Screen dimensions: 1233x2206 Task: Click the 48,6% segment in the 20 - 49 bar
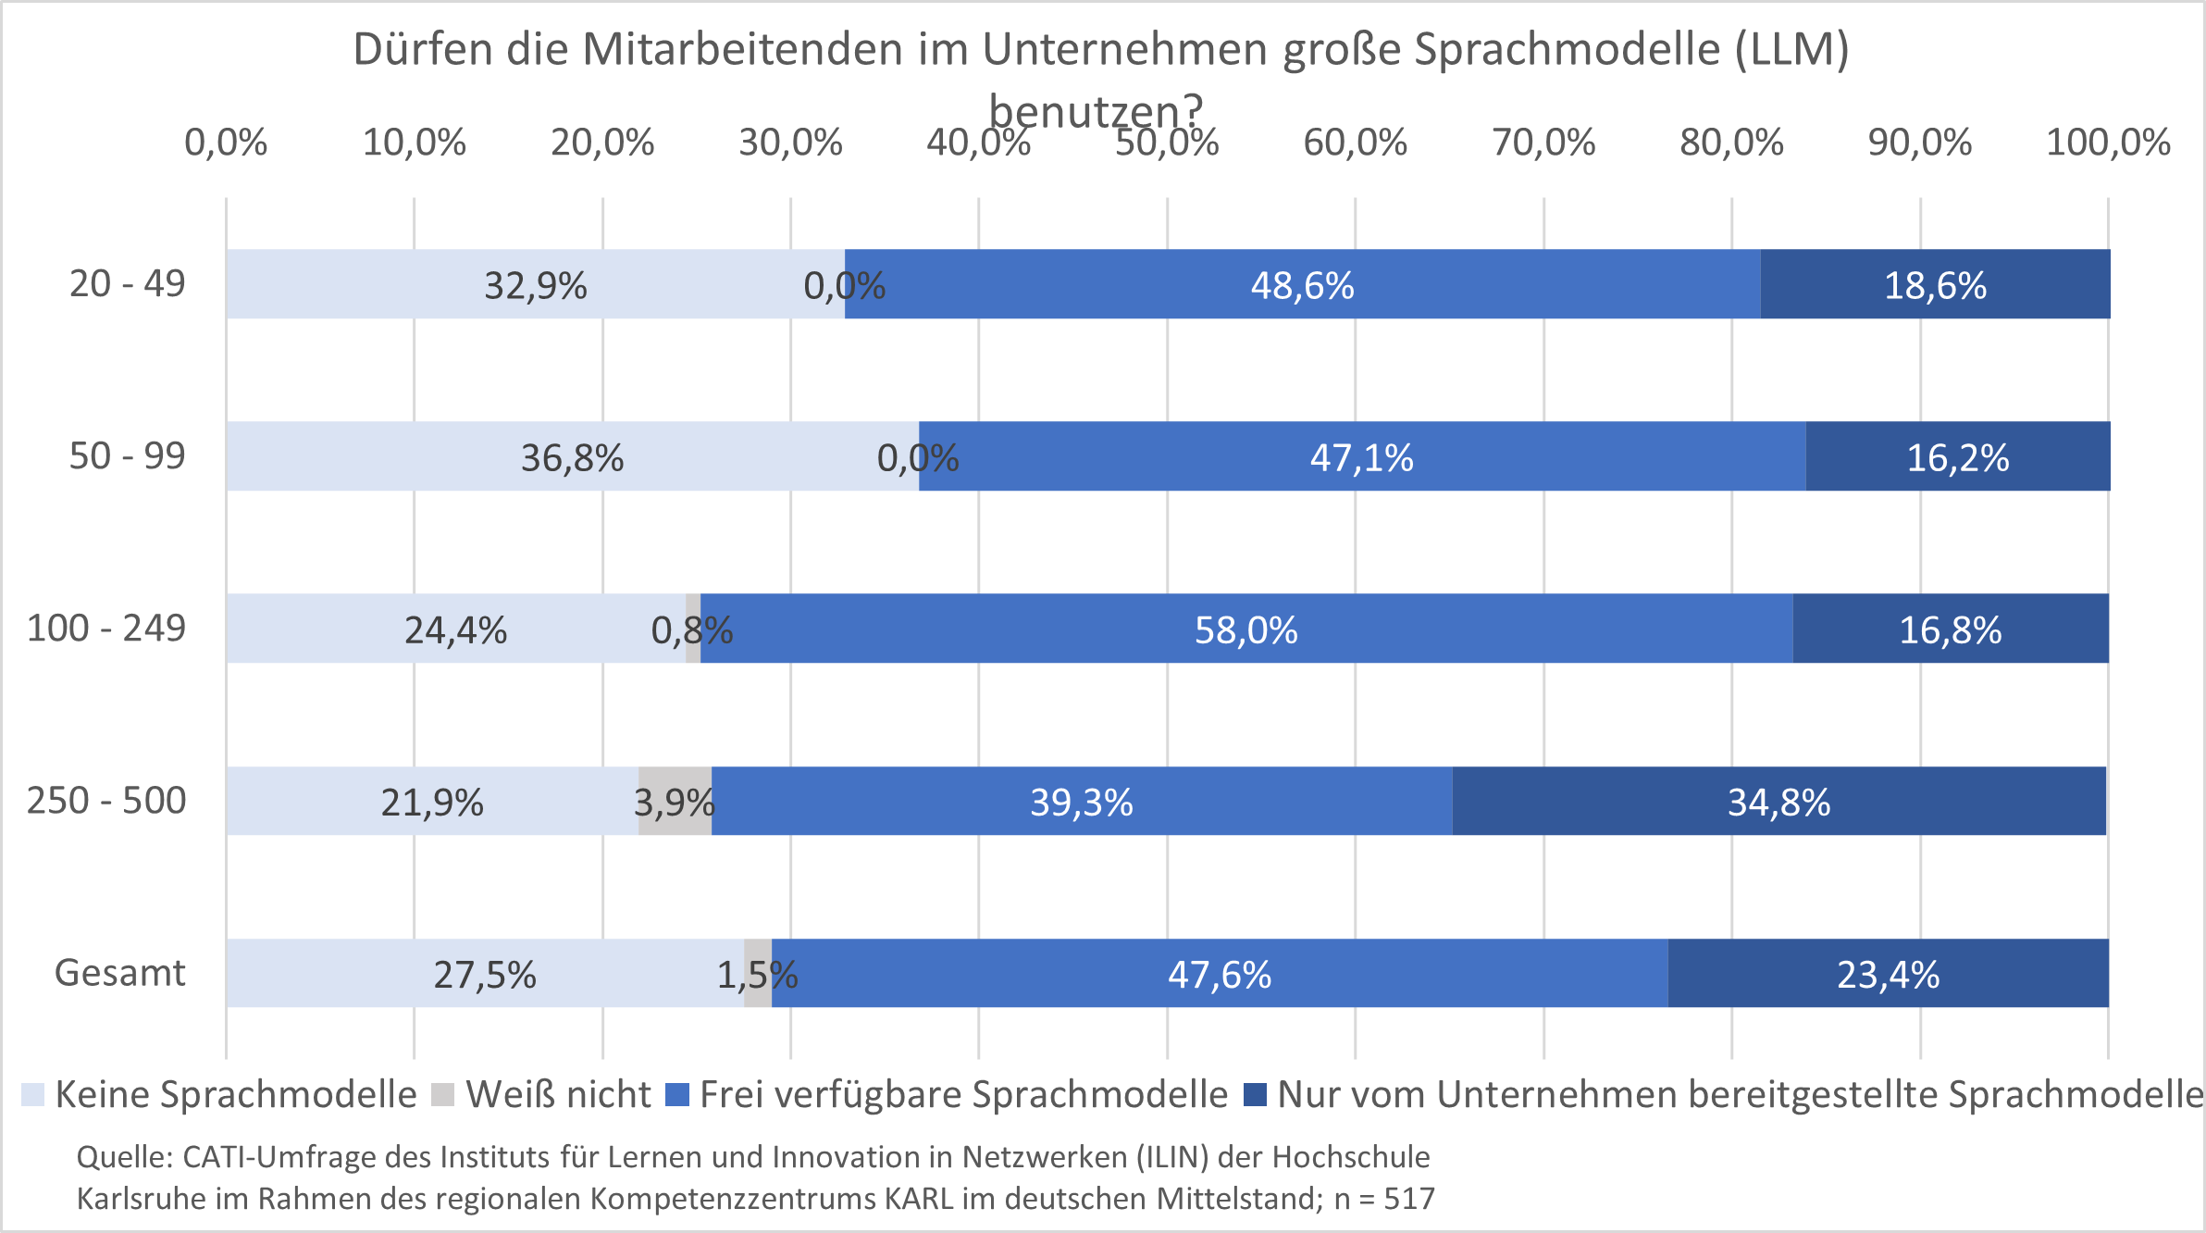1302,284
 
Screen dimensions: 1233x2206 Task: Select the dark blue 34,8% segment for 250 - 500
1778,801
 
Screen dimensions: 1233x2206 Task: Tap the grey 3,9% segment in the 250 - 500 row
675,801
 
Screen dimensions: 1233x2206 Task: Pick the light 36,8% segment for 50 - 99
572,456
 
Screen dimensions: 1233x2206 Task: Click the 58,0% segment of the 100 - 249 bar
1246,629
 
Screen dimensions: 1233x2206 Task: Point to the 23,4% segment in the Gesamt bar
1888,973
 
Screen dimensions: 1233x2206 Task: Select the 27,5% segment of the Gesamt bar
485,973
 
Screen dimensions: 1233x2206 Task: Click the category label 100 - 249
106,628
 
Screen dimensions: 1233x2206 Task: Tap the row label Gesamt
120,973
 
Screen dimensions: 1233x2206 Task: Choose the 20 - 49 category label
128,283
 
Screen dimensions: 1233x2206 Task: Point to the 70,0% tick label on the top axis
1543,143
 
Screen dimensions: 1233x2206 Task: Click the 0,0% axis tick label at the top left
226,143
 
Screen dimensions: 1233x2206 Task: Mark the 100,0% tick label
2108,143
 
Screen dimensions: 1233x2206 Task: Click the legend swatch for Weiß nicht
444,1095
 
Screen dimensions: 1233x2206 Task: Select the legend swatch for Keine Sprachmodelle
33,1095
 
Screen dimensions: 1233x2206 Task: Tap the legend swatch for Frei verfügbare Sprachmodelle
678,1095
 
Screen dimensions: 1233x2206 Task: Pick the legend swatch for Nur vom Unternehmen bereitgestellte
1255,1095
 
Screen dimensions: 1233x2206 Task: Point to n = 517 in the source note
1384,1199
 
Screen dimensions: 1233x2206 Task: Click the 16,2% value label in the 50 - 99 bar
1958,457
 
